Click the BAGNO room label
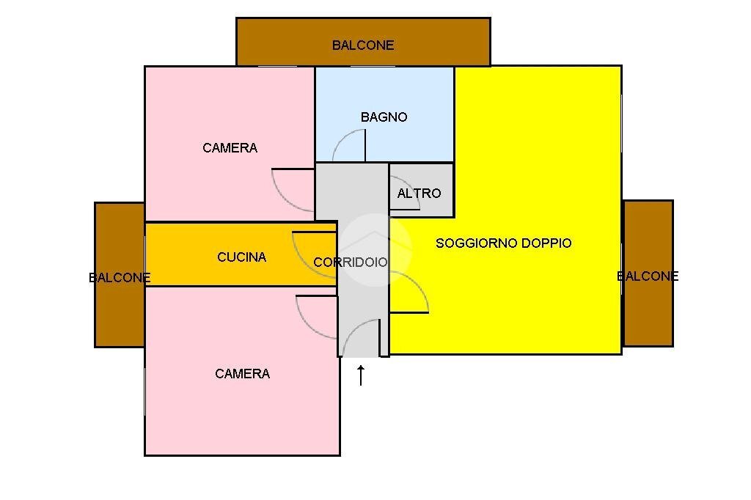[384, 117]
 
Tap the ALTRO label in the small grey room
[419, 194]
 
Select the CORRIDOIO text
[350, 262]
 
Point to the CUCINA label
[241, 257]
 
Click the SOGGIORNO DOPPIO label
[503, 243]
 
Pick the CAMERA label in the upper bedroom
[230, 148]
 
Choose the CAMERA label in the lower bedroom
[242, 374]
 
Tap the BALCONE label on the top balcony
[363, 45]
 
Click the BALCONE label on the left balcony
[120, 278]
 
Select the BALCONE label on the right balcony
[648, 276]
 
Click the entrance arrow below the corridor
[361, 375]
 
